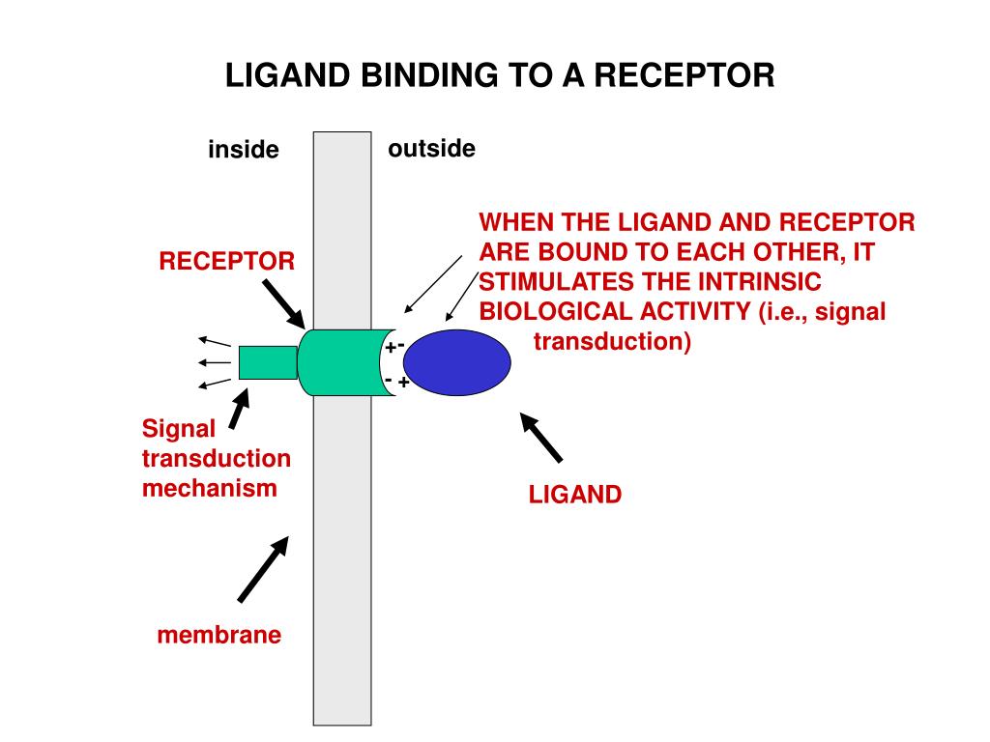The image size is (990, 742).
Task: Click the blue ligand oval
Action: [x=456, y=362]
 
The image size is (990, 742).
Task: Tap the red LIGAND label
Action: [x=574, y=496]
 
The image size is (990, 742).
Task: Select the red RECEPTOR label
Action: [x=227, y=261]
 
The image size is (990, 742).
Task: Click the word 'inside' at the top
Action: [x=244, y=151]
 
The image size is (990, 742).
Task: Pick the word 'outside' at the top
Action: [x=432, y=149]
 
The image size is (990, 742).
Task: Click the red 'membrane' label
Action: [x=219, y=635]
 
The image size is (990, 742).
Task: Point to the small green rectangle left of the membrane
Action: [x=268, y=362]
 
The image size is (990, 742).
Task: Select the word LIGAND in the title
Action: [x=289, y=75]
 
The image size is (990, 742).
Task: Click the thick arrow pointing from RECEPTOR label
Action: [x=285, y=302]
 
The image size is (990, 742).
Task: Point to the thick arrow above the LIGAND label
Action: [x=542, y=438]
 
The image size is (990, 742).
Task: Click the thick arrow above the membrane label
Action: [x=263, y=569]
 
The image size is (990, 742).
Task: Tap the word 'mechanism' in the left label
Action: [x=210, y=488]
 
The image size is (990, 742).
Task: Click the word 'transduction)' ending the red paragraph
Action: [x=613, y=342]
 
